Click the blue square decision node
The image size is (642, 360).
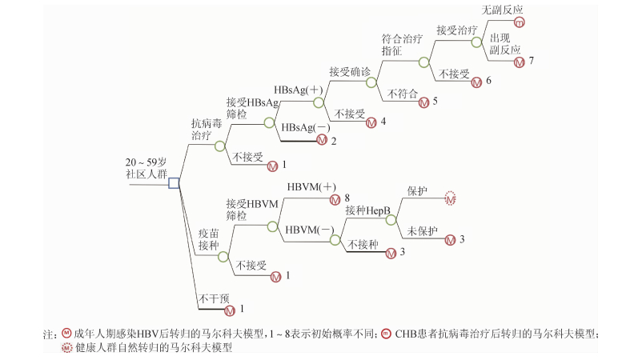click(x=174, y=184)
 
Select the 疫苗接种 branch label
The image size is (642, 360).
click(x=208, y=239)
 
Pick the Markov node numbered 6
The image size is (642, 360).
click(x=476, y=82)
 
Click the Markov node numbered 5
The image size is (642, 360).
click(x=424, y=102)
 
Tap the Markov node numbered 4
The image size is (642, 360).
click(x=371, y=122)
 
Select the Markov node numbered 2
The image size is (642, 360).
click(x=322, y=142)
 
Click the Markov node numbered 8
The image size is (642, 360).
click(x=335, y=198)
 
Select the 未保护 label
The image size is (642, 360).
click(x=423, y=231)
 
